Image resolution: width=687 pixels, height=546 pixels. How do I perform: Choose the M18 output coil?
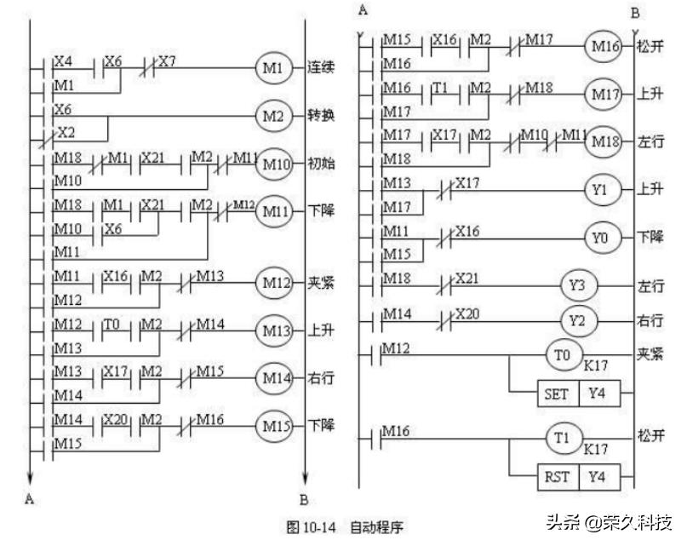[602, 141]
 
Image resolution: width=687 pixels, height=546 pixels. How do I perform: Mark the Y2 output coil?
[577, 321]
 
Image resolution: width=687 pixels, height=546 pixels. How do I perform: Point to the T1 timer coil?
[563, 437]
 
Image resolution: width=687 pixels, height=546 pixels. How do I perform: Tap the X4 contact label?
[63, 61]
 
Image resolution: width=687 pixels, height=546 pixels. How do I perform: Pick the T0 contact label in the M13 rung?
[113, 324]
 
